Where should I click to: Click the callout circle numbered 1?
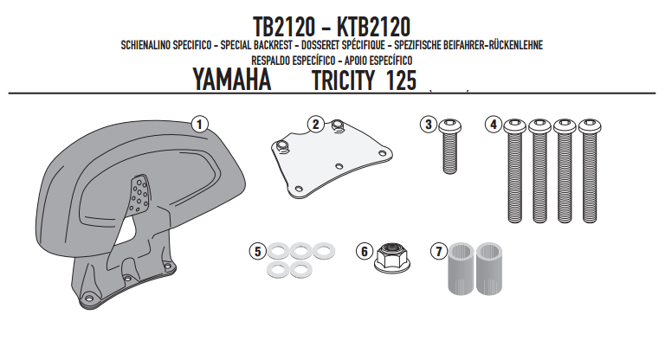point(199,125)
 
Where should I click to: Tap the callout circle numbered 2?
point(315,125)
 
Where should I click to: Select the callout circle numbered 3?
point(429,125)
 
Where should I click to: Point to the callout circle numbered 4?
point(494,125)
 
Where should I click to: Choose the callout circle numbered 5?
point(257,251)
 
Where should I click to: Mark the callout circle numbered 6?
point(365,251)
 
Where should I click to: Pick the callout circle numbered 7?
point(439,251)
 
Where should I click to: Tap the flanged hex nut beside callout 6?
point(392,257)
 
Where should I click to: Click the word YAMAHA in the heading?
point(231,80)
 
